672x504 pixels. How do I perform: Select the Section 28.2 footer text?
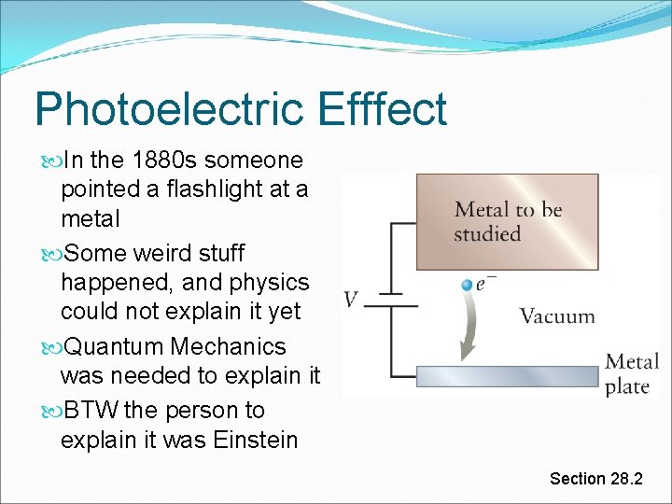595,479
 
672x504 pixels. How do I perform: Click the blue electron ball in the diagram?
467,284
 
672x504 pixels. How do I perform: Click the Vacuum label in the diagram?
556,316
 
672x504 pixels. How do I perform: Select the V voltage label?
351,300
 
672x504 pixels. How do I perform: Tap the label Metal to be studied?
508,221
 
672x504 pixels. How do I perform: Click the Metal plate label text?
632,373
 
